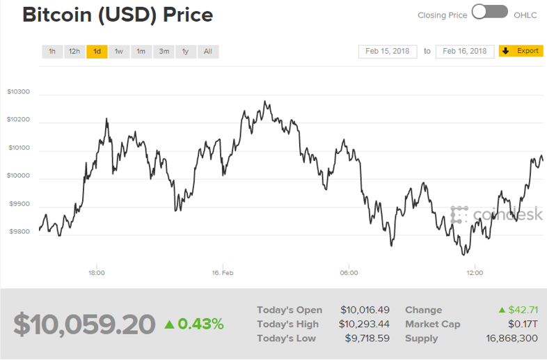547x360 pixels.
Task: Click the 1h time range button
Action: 52,52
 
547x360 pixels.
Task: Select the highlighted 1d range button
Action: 97,52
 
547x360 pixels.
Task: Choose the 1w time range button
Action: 119,52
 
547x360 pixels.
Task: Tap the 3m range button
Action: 164,52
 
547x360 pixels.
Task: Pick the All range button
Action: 208,52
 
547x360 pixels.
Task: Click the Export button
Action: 521,51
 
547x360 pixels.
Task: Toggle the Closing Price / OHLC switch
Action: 490,12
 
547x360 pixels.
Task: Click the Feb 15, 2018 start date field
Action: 388,52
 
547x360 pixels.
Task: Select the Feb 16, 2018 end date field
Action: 465,52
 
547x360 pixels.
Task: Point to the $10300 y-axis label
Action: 19,92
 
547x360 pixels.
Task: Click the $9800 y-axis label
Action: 19,231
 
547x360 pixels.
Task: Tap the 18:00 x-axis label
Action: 97,273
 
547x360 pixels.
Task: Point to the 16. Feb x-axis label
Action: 223,273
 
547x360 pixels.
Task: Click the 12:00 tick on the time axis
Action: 475,273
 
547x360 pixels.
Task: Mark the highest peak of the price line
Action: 264,101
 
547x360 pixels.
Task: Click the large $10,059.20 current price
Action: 84,324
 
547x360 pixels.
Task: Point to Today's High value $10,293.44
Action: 364,324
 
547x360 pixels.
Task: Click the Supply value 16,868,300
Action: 512,338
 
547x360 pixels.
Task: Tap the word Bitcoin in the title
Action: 57,15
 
